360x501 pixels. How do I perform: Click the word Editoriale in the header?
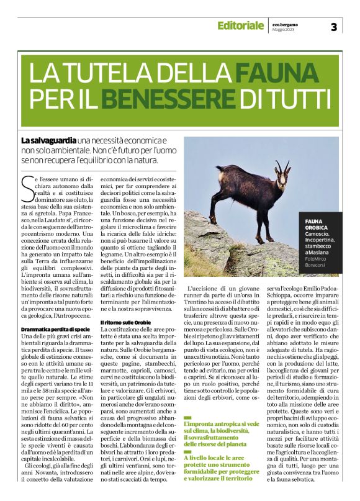click(240, 26)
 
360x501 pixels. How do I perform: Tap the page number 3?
click(334, 27)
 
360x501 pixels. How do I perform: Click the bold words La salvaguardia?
click(47, 142)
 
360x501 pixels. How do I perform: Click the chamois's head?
click(283, 180)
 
